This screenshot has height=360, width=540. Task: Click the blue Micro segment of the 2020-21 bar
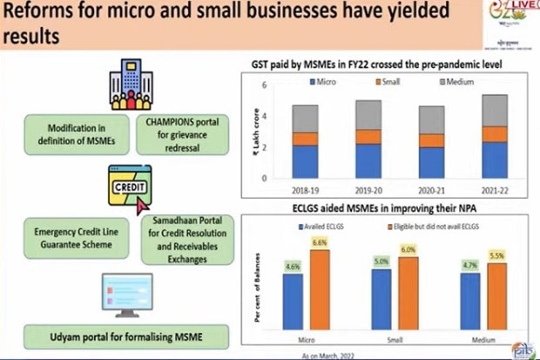[431, 162]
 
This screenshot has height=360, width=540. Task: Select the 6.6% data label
[319, 241]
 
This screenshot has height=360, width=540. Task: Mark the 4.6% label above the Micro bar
[292, 265]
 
